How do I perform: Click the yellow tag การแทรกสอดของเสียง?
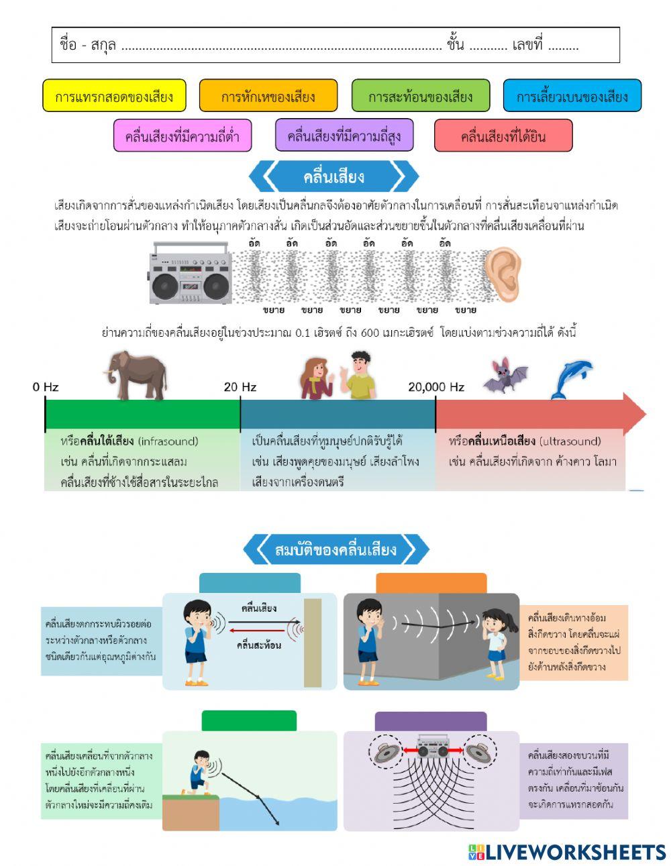coord(114,96)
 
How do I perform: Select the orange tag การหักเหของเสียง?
coord(268,96)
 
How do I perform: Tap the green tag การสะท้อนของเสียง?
coord(421,96)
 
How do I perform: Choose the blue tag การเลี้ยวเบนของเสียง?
coord(572,96)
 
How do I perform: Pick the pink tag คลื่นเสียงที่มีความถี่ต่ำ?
coord(183,136)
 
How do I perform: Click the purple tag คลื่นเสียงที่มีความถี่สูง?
coord(344,136)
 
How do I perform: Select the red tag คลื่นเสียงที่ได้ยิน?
coord(503,136)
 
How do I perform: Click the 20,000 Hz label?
coord(436,387)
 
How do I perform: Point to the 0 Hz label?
coord(46,387)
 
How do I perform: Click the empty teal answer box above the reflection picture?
coord(250,583)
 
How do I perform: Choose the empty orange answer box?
coord(431,583)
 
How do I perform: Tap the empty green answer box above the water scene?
coord(249,720)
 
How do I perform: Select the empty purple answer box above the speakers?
coord(430,721)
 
